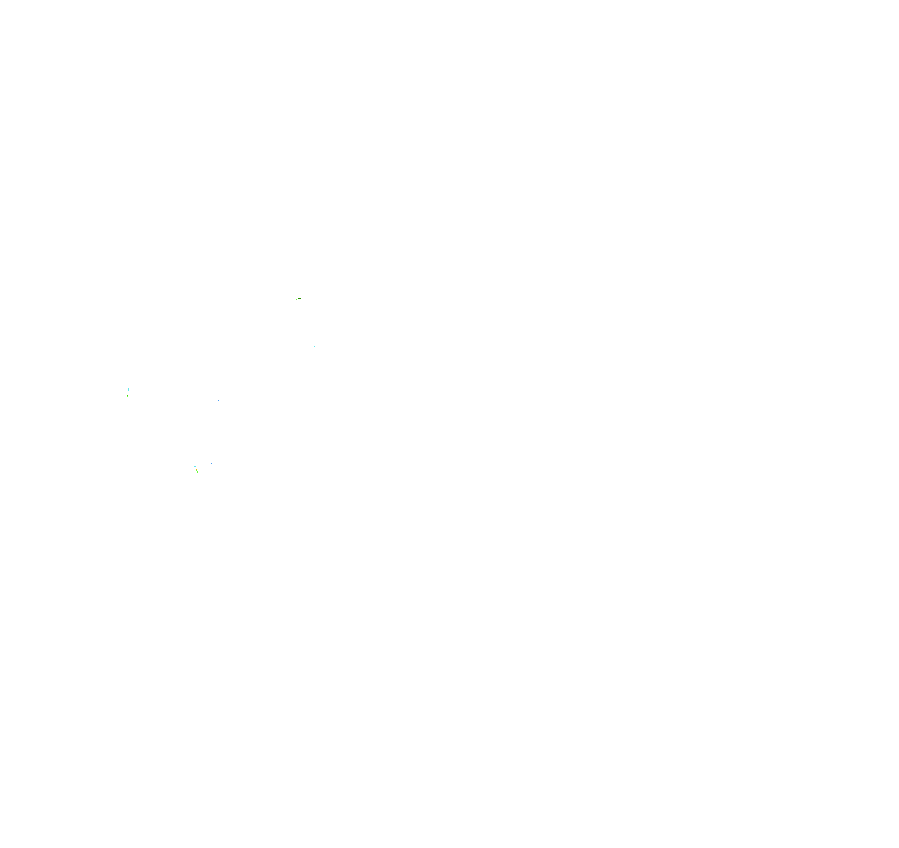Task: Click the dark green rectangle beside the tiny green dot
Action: coord(300,299)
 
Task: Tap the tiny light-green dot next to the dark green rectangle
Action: coord(297,300)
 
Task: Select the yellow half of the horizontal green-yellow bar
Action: coord(323,294)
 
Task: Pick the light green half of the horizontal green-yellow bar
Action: coord(320,294)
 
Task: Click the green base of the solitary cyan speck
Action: coord(315,347)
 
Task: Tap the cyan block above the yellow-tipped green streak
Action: coord(129,390)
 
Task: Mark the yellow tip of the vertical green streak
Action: coord(128,393)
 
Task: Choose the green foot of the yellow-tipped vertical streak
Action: coord(127,396)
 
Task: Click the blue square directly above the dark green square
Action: coord(219,401)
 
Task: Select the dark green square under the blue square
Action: coord(219,402)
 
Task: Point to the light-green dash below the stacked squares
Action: coord(217,404)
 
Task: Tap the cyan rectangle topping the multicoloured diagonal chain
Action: coord(195,467)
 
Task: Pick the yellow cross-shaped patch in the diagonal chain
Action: coord(196,469)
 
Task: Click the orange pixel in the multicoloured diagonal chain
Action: coord(197,469)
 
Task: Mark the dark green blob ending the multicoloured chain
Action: coord(198,472)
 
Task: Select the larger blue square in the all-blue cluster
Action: coord(211,463)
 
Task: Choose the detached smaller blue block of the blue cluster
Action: coord(213,466)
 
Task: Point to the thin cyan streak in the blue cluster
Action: coord(211,462)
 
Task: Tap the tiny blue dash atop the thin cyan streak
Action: coord(210,461)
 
